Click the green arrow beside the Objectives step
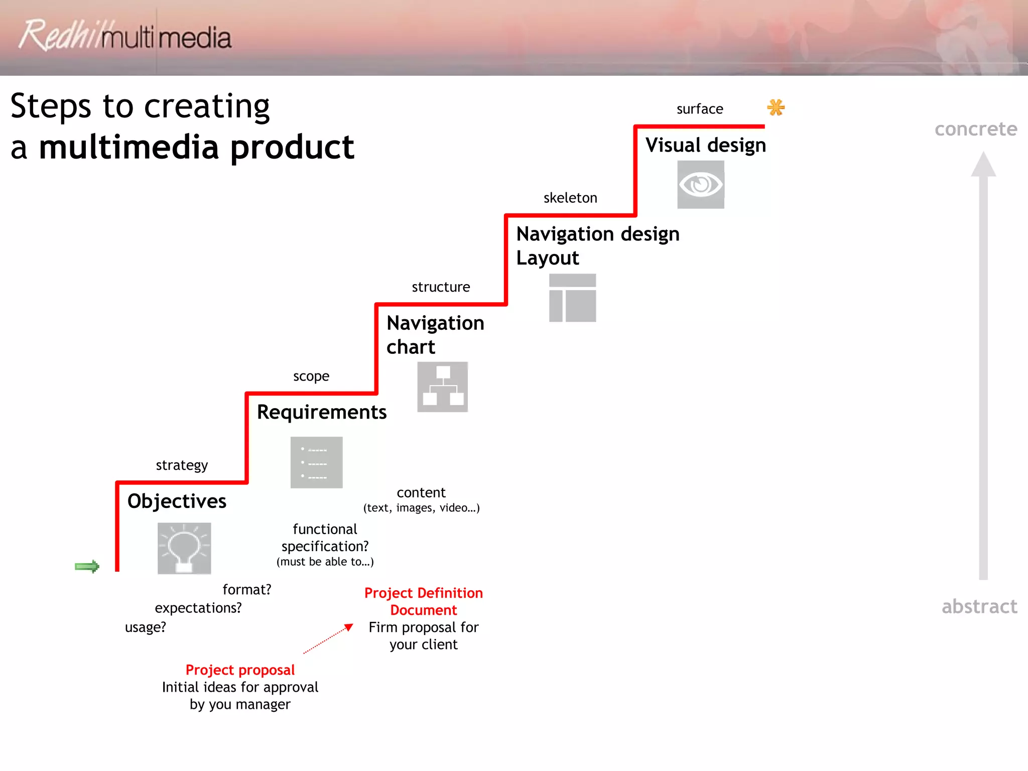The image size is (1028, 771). pos(87,567)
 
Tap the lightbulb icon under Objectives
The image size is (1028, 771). pos(184,549)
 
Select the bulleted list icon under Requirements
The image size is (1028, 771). pos(316,462)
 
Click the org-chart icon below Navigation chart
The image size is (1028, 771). pos(442,387)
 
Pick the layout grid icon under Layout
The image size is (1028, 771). pos(572,298)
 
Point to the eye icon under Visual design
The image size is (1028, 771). pos(700,185)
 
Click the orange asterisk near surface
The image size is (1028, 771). pos(776,107)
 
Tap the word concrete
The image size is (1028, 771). pos(975,129)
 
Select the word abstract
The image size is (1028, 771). pos(979,606)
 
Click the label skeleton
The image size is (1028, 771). pos(570,198)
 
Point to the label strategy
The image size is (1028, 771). pos(182,465)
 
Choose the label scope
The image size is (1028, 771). pos(311,376)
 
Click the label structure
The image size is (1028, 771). pos(441,287)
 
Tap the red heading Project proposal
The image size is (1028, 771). pos(240,670)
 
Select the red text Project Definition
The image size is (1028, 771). pos(423,593)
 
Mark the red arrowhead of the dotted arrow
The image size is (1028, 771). pos(349,627)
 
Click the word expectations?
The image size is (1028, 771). pos(198,608)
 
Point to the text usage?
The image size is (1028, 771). pos(145,627)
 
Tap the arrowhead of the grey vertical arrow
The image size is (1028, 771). pos(983,165)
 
